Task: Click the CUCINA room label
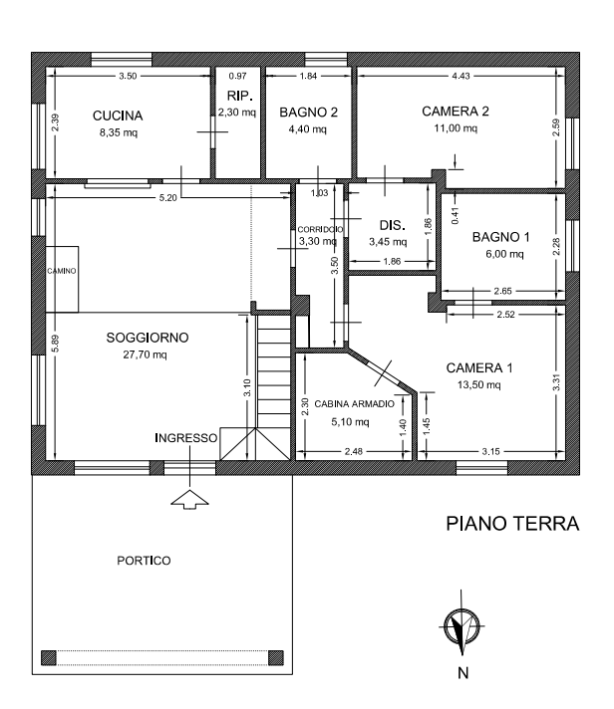118,116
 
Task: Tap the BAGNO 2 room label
308,113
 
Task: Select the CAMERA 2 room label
456,112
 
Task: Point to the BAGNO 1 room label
500,237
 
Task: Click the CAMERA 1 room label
478,367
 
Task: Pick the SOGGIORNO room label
147,339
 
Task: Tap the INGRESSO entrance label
186,438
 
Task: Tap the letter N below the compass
462,672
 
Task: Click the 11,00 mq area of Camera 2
455,129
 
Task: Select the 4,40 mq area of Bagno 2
306,129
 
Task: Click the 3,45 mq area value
388,241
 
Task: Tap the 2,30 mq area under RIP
237,113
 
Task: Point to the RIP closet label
237,96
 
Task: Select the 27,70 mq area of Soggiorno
144,354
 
